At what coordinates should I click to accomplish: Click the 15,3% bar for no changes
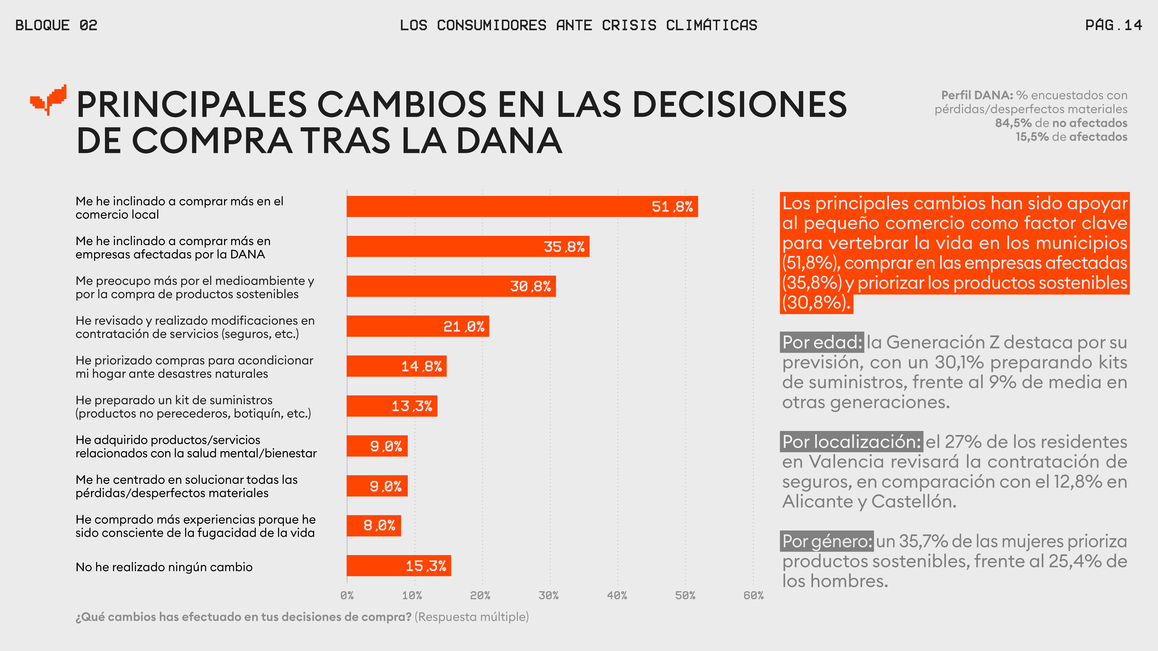(x=398, y=566)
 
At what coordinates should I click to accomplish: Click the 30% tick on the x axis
(x=548, y=596)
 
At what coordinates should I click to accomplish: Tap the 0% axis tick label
(x=347, y=596)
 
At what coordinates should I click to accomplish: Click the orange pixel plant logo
(x=48, y=100)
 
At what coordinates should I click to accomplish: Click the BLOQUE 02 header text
(x=56, y=25)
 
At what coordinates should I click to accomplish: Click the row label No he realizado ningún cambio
(x=164, y=567)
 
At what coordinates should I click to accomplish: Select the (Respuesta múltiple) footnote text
(x=472, y=617)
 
